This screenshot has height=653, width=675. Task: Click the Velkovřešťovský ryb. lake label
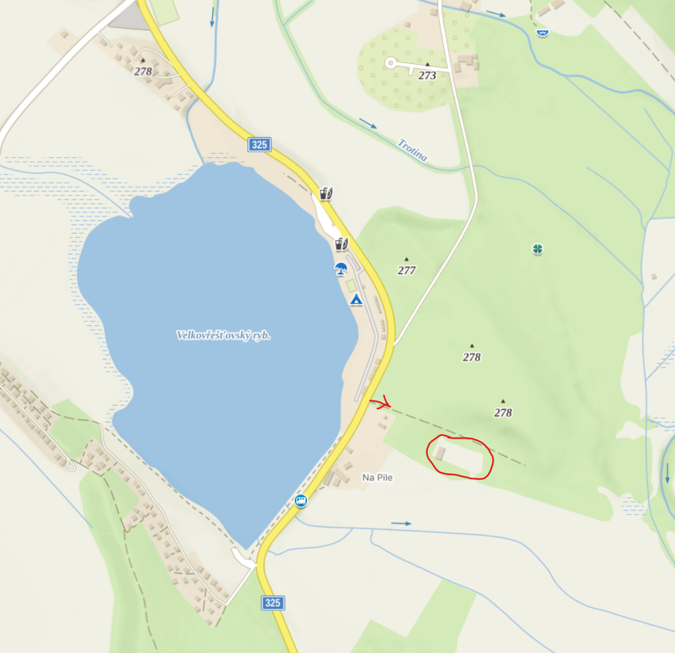(x=223, y=335)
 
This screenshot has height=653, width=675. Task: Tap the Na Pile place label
(x=377, y=478)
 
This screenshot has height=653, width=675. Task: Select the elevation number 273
(x=427, y=75)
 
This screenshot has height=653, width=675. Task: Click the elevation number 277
(x=406, y=271)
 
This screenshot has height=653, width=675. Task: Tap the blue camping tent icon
(x=356, y=299)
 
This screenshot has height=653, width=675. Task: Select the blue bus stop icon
(x=300, y=500)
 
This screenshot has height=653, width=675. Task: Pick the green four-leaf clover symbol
(x=537, y=249)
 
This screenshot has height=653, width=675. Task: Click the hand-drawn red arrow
(x=380, y=403)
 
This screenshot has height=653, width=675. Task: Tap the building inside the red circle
(x=440, y=452)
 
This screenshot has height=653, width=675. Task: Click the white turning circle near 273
(x=391, y=63)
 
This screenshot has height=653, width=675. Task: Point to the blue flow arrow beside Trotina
(x=367, y=124)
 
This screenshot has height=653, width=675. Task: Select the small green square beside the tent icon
(x=351, y=285)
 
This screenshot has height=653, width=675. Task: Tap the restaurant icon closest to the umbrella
(x=341, y=244)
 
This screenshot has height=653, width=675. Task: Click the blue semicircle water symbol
(x=543, y=32)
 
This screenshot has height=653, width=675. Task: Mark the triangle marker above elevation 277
(x=406, y=259)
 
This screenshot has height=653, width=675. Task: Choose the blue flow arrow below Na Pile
(x=401, y=523)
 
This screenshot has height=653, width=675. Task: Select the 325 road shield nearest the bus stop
(x=272, y=603)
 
